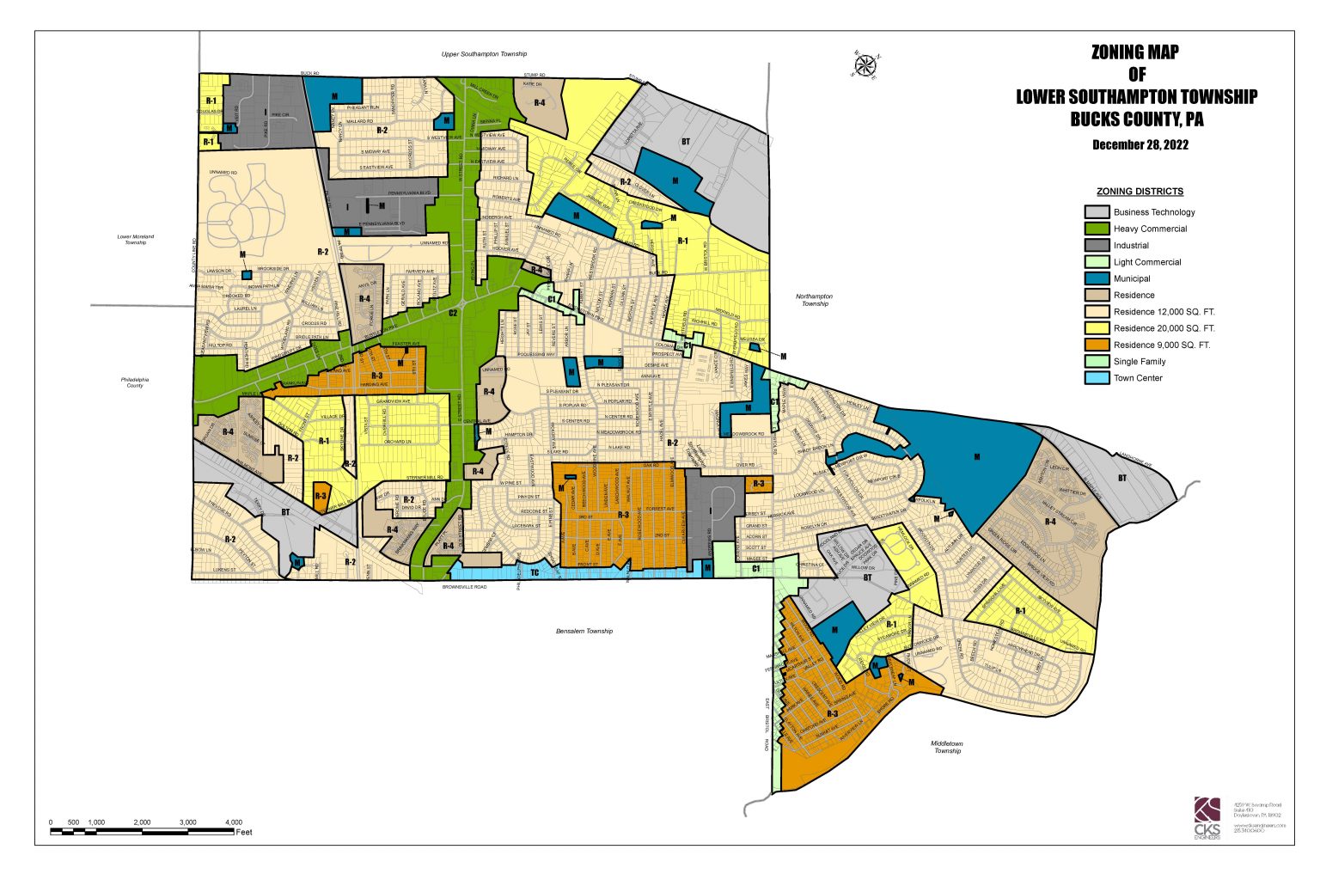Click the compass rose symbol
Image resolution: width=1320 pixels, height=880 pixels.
(x=865, y=65)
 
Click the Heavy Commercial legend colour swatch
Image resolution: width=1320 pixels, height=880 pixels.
(x=1096, y=229)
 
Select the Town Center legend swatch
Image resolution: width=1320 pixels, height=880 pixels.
(x=1096, y=378)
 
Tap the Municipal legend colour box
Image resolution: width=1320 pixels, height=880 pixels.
(x=1096, y=278)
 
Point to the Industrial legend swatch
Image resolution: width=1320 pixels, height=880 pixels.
(x=1096, y=245)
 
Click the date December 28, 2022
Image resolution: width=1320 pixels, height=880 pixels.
(x=1140, y=144)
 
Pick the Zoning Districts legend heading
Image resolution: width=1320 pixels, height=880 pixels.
(x=1140, y=192)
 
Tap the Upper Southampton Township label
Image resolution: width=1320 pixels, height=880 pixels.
(x=484, y=54)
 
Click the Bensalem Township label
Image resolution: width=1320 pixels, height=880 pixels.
(x=584, y=632)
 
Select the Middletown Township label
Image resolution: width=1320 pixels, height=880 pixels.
(x=947, y=747)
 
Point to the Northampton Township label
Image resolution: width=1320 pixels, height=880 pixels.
(x=815, y=300)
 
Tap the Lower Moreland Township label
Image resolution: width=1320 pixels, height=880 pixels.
(x=135, y=239)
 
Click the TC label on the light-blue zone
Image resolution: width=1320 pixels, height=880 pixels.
(x=535, y=572)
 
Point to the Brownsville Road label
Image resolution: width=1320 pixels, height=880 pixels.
(x=464, y=587)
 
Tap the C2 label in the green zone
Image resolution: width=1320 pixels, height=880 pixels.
(x=452, y=313)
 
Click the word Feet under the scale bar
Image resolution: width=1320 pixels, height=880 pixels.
(x=244, y=832)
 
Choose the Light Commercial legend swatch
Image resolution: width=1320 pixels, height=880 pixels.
(x=1096, y=262)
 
